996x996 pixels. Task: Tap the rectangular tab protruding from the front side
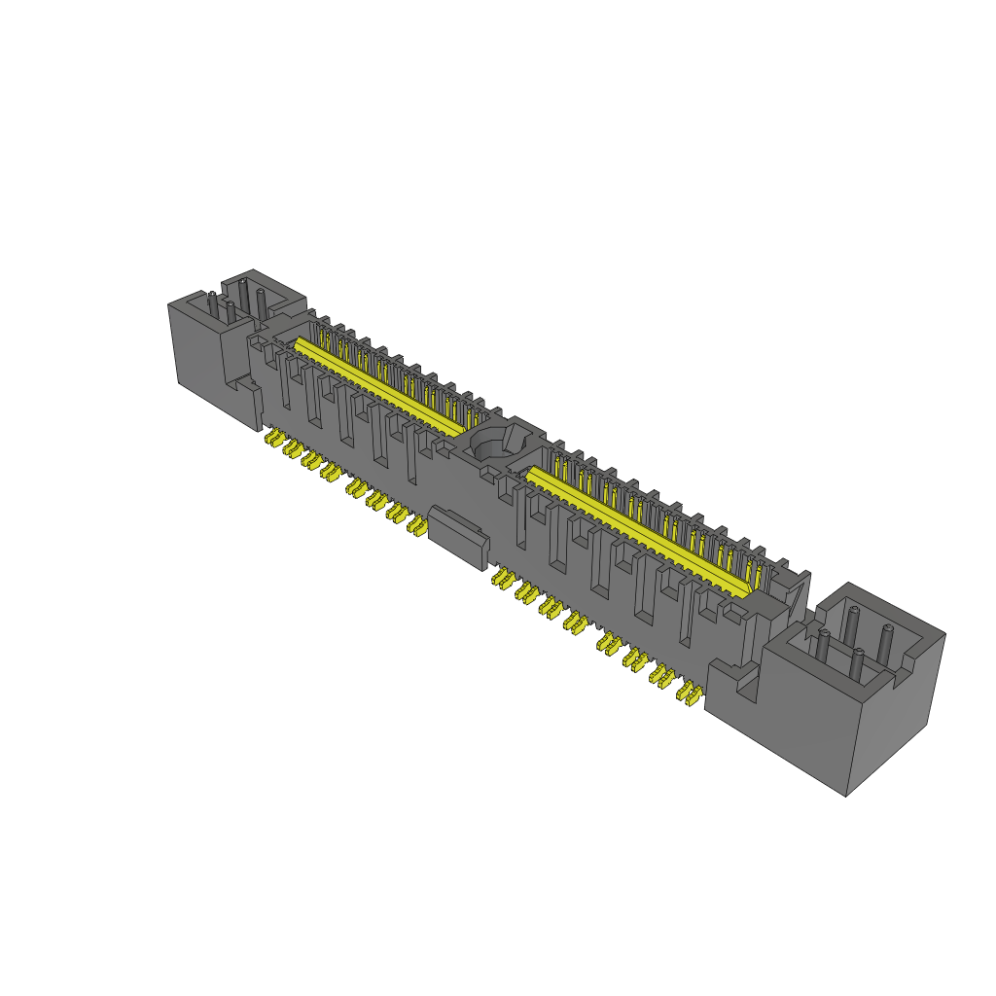click(458, 536)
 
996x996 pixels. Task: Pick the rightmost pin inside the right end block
click(886, 642)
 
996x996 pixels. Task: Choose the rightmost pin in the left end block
click(261, 301)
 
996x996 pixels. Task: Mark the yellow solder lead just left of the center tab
click(417, 525)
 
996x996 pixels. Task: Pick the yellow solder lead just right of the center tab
click(502, 579)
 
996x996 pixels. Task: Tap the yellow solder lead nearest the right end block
click(690, 693)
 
